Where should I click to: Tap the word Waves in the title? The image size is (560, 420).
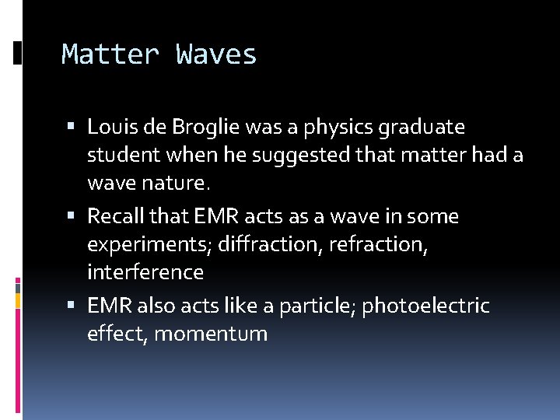216,54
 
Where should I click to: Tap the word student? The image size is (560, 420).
121,156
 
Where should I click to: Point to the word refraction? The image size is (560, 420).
376,245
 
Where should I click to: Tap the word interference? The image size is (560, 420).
145,273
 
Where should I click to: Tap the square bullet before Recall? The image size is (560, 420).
72,215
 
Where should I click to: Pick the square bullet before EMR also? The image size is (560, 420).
72,305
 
